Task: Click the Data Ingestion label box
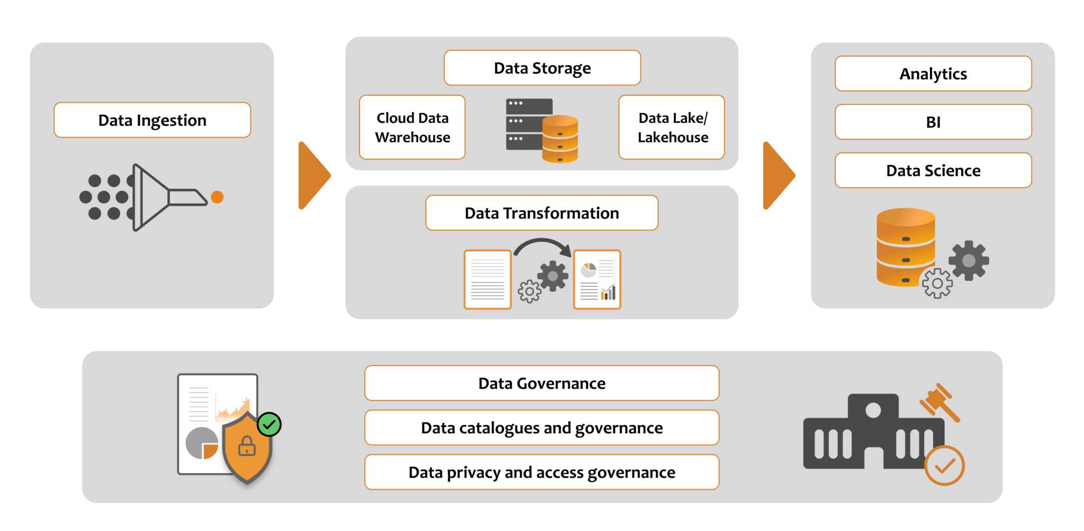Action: click(152, 120)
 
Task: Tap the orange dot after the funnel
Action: click(217, 197)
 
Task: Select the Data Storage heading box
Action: click(542, 68)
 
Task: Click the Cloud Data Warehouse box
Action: click(412, 127)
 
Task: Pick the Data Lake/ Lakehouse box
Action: click(672, 127)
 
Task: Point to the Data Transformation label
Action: click(541, 213)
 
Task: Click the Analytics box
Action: click(933, 74)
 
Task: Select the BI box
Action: click(933, 122)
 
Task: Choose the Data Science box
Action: click(933, 170)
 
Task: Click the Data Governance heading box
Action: click(541, 383)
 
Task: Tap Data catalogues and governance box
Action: click(541, 427)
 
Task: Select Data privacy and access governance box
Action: click(541, 472)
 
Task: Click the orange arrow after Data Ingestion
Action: click(313, 176)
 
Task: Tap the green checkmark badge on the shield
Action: click(269, 424)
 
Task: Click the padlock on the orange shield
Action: click(247, 446)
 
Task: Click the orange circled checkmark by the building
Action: click(944, 465)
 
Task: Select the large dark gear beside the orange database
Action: click(969, 260)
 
